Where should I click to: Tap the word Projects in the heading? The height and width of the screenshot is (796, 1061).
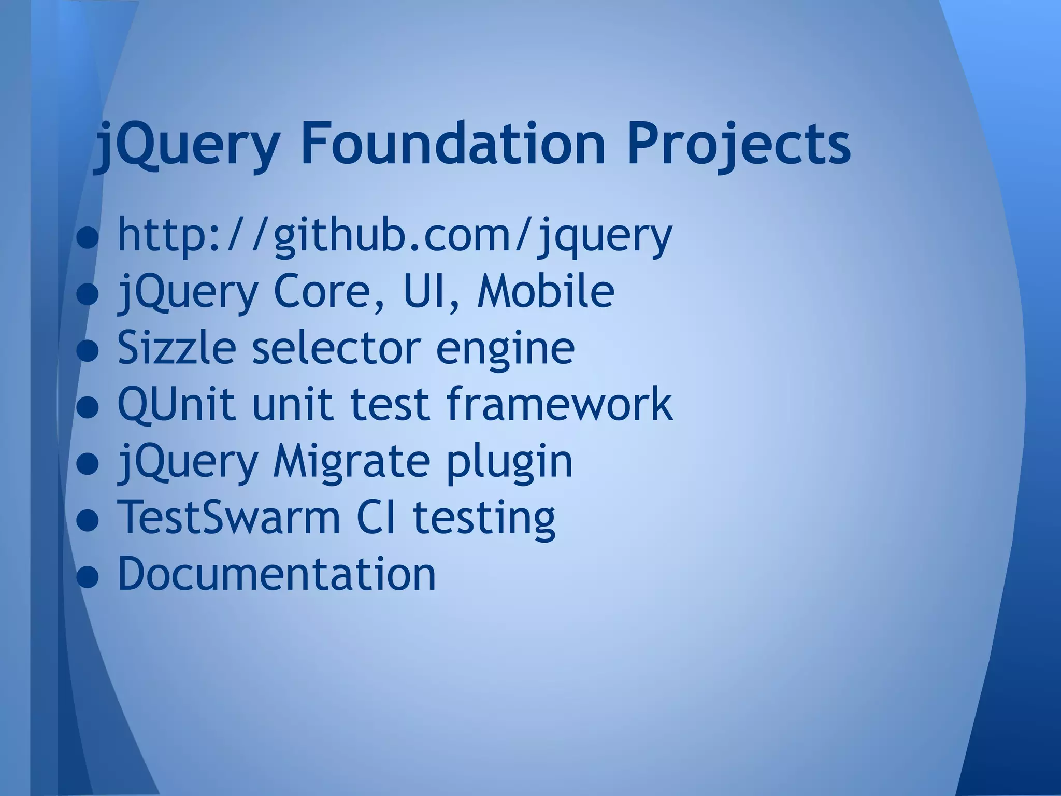(x=738, y=145)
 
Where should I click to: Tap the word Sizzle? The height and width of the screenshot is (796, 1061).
(x=177, y=347)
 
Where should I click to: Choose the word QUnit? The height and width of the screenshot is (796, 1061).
(x=176, y=404)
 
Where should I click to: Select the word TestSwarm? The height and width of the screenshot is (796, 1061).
(x=228, y=517)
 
